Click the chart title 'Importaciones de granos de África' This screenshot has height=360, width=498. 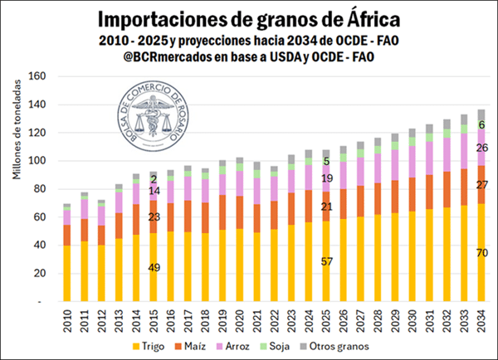pos(249,17)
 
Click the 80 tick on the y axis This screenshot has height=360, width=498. pos(38,189)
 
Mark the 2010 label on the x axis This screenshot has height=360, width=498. pos(66,319)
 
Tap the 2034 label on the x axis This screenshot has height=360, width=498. pos(481,319)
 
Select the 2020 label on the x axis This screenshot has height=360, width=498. pos(239,319)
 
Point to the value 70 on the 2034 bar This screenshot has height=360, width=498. pos(481,253)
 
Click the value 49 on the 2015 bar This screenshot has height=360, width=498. pos(153,267)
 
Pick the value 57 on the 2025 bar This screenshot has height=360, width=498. pos(325,261)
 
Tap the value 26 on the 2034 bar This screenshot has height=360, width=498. pos(481,148)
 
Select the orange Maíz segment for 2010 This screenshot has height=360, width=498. pos(66,236)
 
